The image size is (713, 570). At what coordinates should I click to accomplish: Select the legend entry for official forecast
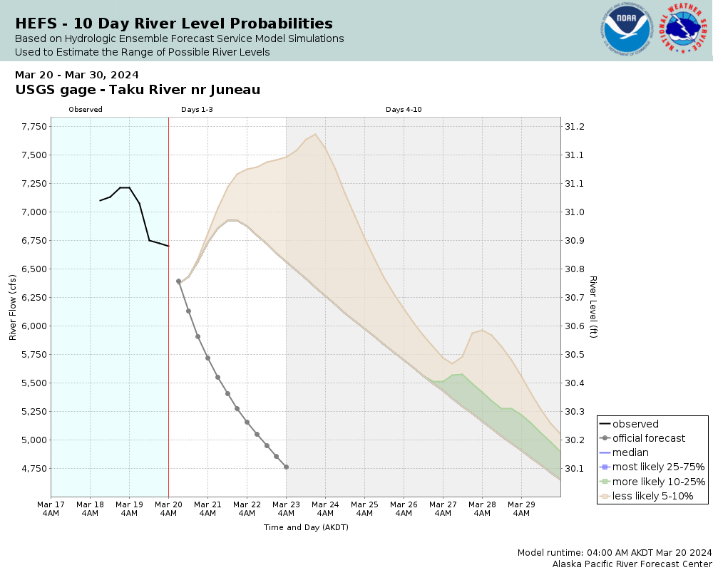tap(648, 438)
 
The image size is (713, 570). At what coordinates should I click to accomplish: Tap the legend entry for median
tap(630, 452)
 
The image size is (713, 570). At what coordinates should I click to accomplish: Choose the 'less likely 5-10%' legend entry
tap(652, 496)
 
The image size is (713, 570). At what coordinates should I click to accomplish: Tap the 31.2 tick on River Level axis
tap(574, 127)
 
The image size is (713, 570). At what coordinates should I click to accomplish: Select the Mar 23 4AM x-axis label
tap(286, 508)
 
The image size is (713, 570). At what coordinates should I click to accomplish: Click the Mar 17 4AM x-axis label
tap(51, 508)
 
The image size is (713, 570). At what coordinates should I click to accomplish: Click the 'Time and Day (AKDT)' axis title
tap(306, 528)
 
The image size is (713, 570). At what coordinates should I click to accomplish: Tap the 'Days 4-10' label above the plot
tap(404, 110)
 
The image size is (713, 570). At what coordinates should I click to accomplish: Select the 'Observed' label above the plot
tap(86, 110)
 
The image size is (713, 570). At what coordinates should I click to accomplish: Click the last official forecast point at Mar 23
tap(286, 467)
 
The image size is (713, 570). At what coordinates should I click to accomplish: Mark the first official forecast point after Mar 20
tap(178, 281)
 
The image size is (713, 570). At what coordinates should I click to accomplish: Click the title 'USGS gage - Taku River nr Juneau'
tap(138, 90)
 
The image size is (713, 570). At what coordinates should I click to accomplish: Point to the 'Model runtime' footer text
tap(615, 553)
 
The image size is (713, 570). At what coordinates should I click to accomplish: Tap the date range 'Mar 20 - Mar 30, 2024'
tap(77, 75)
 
